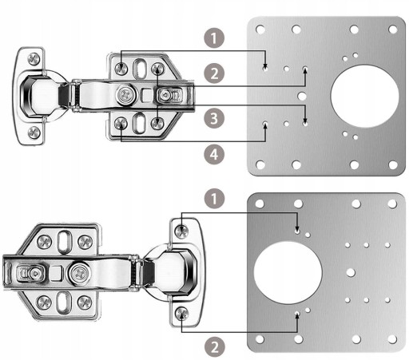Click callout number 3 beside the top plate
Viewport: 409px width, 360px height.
coord(214,118)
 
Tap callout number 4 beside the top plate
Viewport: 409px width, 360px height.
coord(214,154)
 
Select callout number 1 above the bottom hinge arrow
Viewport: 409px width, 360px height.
coord(214,199)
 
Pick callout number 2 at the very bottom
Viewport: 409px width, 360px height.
coord(215,347)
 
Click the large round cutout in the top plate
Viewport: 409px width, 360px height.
coord(364,96)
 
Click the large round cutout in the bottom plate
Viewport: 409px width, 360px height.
coord(288,272)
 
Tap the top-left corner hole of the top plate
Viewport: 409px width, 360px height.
coord(260,29)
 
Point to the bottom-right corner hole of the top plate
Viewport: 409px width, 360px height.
coord(393,164)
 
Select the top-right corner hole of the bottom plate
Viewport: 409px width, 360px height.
coord(392,204)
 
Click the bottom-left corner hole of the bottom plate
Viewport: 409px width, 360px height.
coord(260,339)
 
